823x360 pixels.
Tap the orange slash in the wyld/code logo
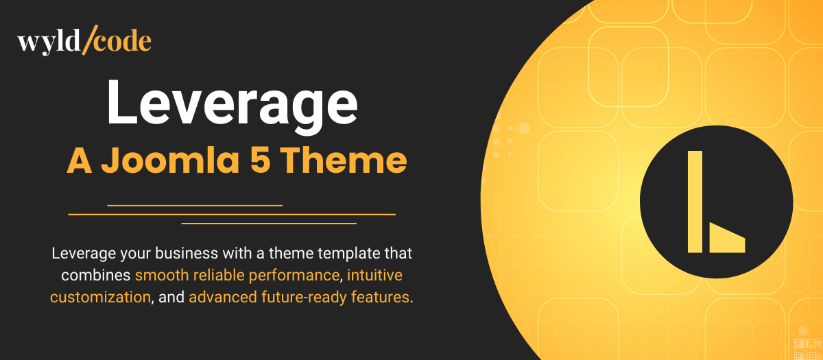pos(86,42)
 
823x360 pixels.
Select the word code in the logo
pos(121,42)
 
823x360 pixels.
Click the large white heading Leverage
pos(232,103)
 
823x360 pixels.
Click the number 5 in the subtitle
pos(263,160)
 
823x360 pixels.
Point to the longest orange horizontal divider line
pos(232,214)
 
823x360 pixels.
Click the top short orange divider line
pos(195,205)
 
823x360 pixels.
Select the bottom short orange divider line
pos(268,223)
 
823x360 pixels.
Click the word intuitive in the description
pos(374,276)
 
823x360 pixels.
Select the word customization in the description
pos(99,298)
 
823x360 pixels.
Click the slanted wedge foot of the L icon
pos(726,239)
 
